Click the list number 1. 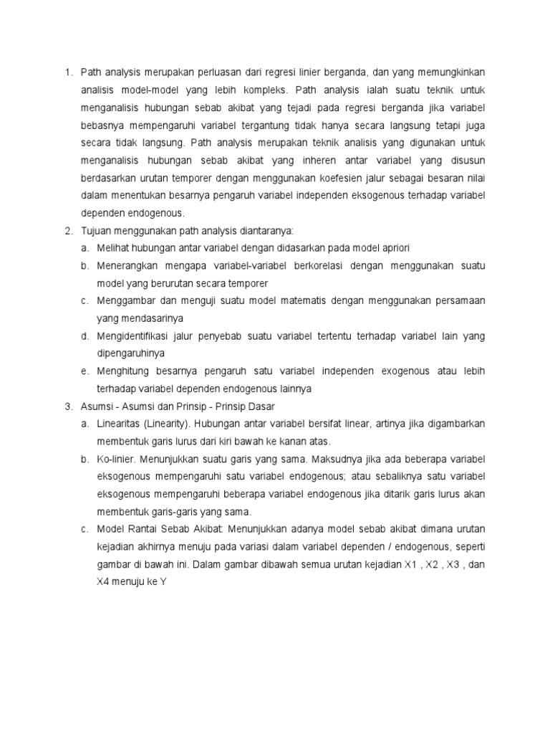point(67,72)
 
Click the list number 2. point(67,230)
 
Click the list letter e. point(85,371)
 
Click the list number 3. point(67,406)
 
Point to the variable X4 point(105,581)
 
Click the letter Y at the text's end point(163,581)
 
